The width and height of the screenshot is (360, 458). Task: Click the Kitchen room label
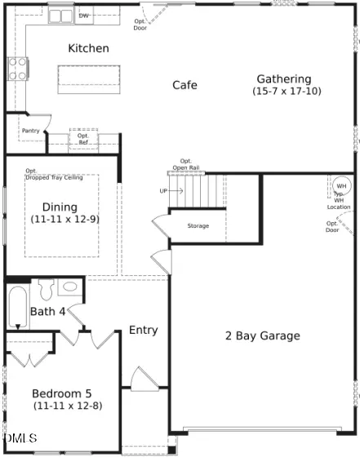88,48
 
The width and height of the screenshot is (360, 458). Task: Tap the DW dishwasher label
83,16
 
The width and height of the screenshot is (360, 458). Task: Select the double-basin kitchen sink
60,16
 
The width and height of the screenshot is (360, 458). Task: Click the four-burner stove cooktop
18,69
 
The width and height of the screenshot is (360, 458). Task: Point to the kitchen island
89,79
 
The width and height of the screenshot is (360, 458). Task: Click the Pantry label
31,131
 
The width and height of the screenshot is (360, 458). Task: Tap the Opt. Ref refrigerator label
83,139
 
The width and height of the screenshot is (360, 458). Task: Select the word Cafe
184,85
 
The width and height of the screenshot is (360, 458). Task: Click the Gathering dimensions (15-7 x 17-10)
287,91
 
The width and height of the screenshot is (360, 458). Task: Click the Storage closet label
198,226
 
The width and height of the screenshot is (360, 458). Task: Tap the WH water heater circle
341,186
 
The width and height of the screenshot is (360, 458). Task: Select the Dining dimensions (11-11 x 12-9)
65,219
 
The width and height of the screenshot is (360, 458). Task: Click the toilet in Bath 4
47,289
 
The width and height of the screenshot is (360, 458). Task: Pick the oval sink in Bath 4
70,287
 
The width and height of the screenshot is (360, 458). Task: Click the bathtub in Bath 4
18,307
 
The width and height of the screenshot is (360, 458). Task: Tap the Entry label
144,330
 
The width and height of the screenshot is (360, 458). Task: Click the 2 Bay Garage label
263,336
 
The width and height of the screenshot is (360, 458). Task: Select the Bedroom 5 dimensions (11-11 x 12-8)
68,406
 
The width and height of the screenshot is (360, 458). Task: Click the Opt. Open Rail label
186,164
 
